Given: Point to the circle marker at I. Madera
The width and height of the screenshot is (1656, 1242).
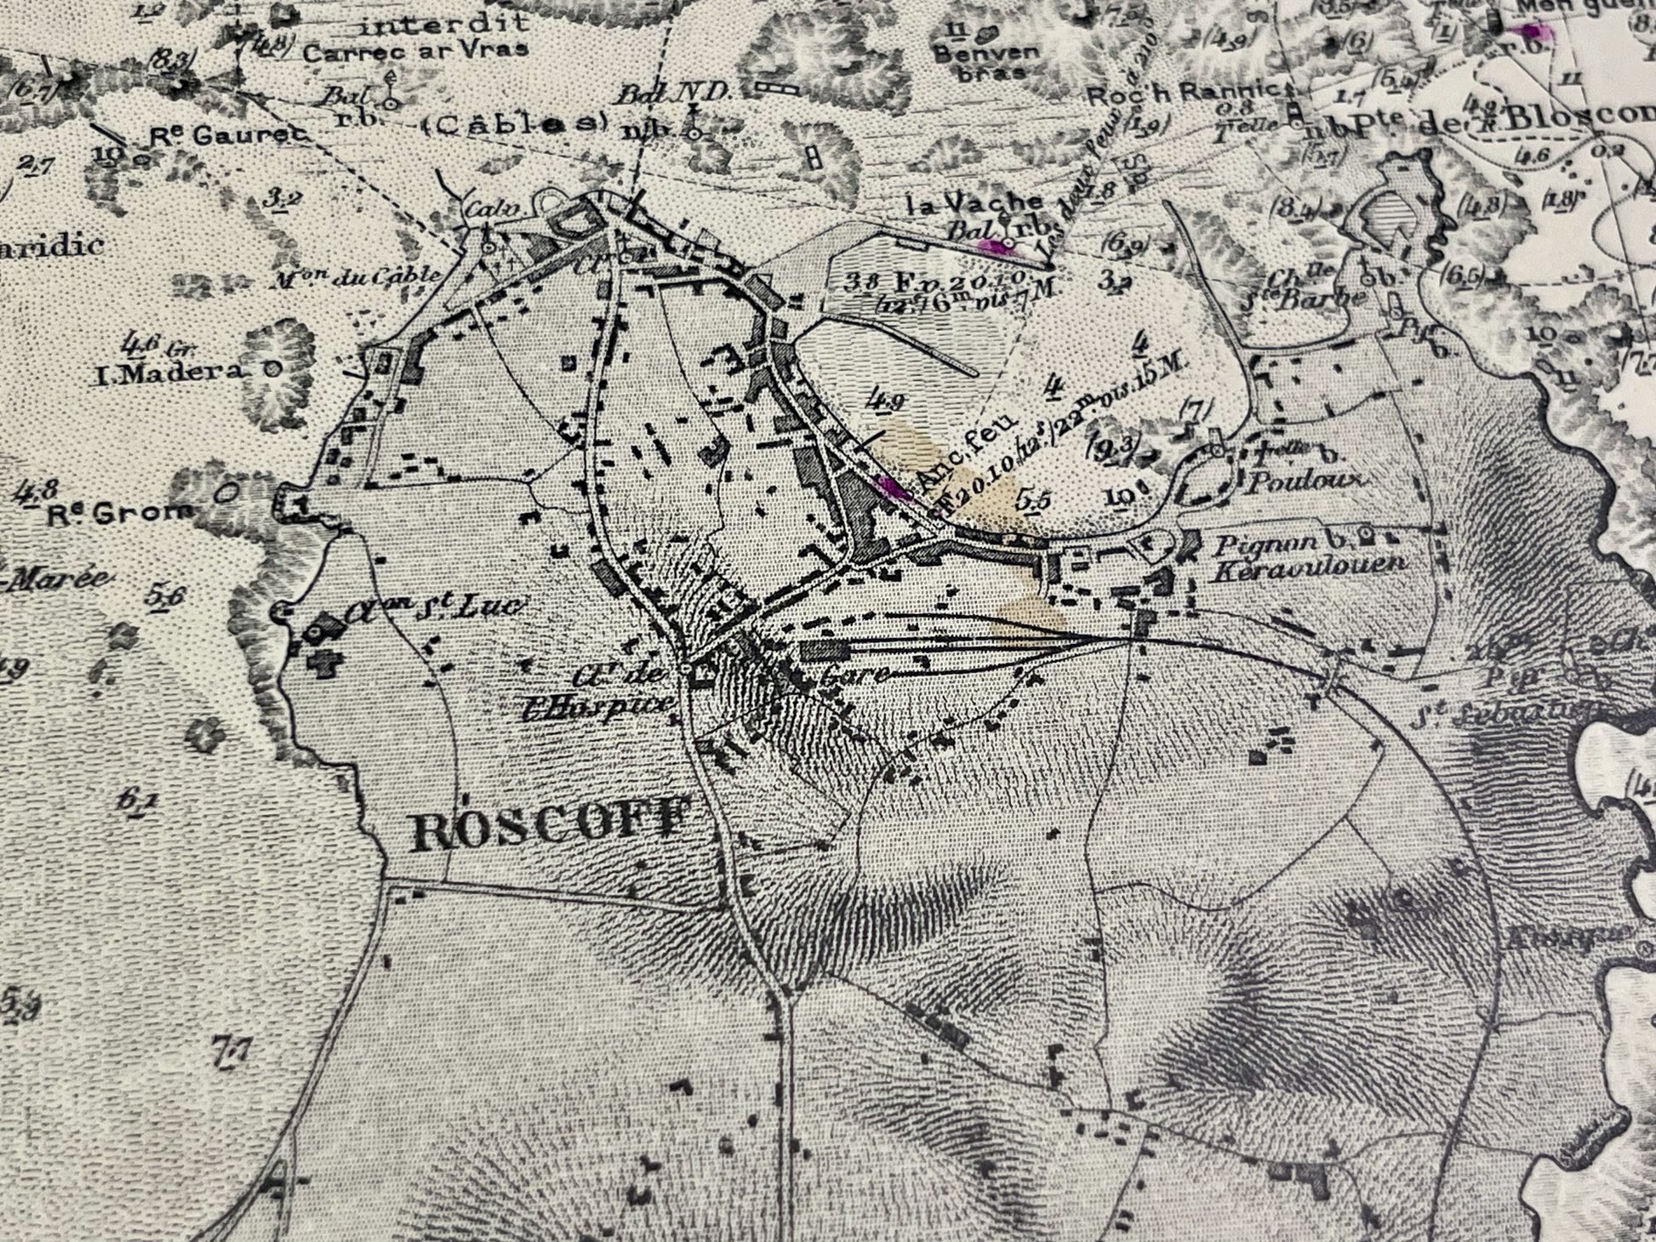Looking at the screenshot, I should pyautogui.click(x=271, y=368).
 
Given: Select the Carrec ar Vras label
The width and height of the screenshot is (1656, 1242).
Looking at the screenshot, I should pyautogui.click(x=415, y=50).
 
